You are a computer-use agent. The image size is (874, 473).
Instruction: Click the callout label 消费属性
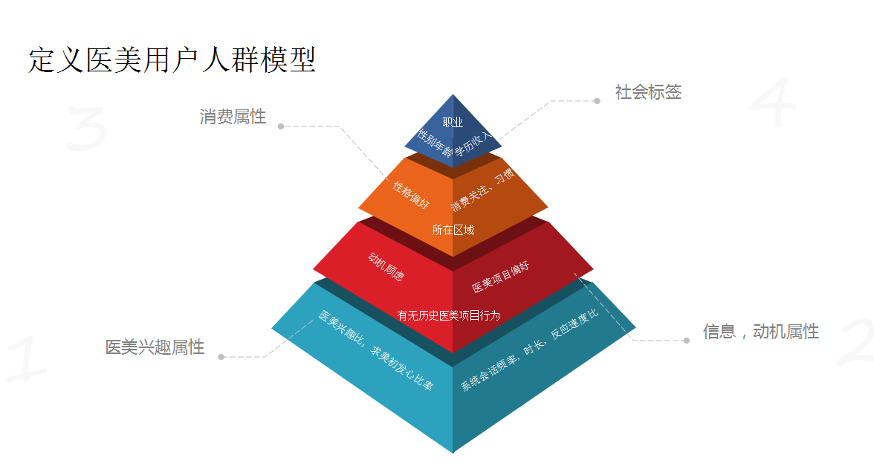(x=233, y=117)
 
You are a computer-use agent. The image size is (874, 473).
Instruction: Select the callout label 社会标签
(x=648, y=92)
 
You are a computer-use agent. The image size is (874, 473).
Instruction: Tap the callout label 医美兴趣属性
(x=155, y=347)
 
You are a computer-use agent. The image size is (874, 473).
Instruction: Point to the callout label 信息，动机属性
(x=761, y=332)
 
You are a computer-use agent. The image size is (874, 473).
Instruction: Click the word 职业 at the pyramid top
(x=453, y=123)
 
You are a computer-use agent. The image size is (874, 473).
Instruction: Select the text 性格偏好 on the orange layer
(x=411, y=194)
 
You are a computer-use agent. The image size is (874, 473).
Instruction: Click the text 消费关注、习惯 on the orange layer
(x=482, y=190)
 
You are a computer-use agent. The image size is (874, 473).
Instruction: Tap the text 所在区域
(x=453, y=230)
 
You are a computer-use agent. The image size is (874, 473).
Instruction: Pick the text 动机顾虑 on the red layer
(x=386, y=266)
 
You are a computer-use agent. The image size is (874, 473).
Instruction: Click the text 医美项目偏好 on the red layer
(x=501, y=277)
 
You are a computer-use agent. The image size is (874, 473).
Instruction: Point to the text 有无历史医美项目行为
(x=448, y=315)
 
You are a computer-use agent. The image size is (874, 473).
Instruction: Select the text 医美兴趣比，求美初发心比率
(x=376, y=350)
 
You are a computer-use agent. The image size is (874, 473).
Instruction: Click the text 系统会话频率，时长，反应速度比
(x=529, y=350)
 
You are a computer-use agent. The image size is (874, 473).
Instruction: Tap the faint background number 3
(x=87, y=129)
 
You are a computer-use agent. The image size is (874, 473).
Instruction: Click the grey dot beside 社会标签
(x=597, y=101)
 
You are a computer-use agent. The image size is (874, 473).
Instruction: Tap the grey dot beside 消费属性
(x=281, y=126)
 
